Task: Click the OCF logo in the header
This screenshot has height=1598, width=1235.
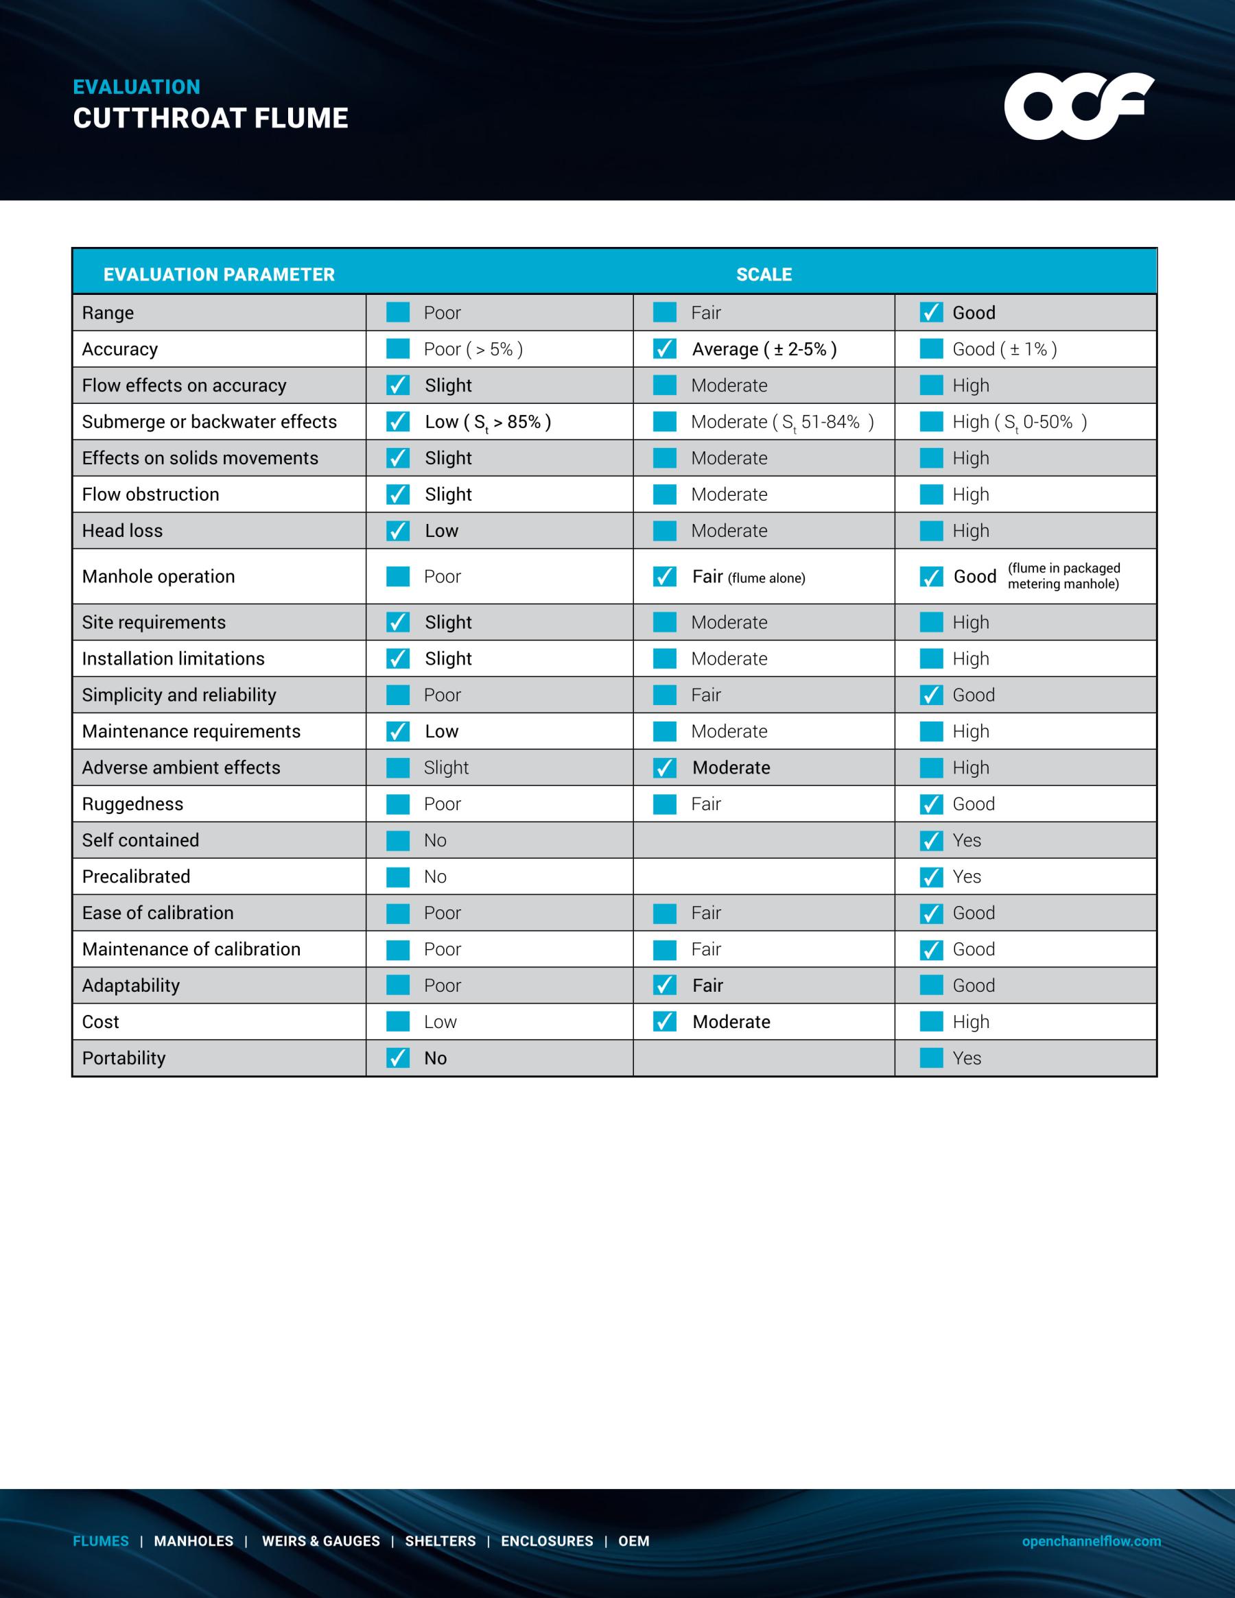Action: click(1079, 106)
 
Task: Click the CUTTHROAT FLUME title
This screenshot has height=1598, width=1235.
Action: click(211, 119)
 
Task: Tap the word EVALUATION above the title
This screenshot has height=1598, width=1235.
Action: click(137, 87)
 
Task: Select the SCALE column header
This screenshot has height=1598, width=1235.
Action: click(764, 274)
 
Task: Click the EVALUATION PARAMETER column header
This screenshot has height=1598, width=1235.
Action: click(219, 274)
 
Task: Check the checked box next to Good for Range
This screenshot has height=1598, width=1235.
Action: click(930, 313)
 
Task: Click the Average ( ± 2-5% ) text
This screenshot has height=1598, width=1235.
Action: click(764, 349)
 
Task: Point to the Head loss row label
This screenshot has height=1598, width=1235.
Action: click(122, 530)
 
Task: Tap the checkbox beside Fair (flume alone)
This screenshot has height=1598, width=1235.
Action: click(664, 577)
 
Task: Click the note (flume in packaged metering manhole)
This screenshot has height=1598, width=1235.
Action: click(1063, 576)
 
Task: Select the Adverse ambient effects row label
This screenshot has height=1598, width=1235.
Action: click(181, 767)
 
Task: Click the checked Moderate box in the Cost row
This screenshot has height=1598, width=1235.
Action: click(664, 1021)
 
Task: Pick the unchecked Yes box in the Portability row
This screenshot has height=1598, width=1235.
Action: click(930, 1058)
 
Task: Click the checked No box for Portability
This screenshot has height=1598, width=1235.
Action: click(397, 1058)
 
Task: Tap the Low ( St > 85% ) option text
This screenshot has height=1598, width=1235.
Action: click(488, 422)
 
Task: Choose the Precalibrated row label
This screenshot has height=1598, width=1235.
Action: click(136, 876)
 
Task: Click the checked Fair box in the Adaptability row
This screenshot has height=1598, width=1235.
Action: click(664, 986)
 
